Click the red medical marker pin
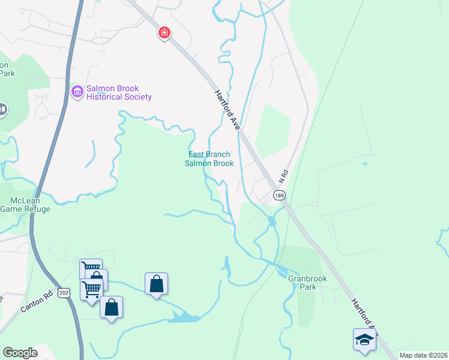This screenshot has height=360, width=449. click(163, 32)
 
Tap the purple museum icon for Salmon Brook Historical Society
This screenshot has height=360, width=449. click(77, 92)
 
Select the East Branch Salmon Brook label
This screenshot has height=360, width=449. click(209, 158)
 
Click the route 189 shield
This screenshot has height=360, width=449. click(279, 195)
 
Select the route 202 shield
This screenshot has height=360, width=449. click(64, 291)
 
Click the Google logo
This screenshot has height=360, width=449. click(20, 353)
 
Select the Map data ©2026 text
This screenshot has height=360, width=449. click(423, 355)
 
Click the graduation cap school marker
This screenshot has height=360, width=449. click(364, 340)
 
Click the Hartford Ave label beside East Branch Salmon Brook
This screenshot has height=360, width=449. click(228, 110)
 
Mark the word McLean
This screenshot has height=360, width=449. click(24, 200)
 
